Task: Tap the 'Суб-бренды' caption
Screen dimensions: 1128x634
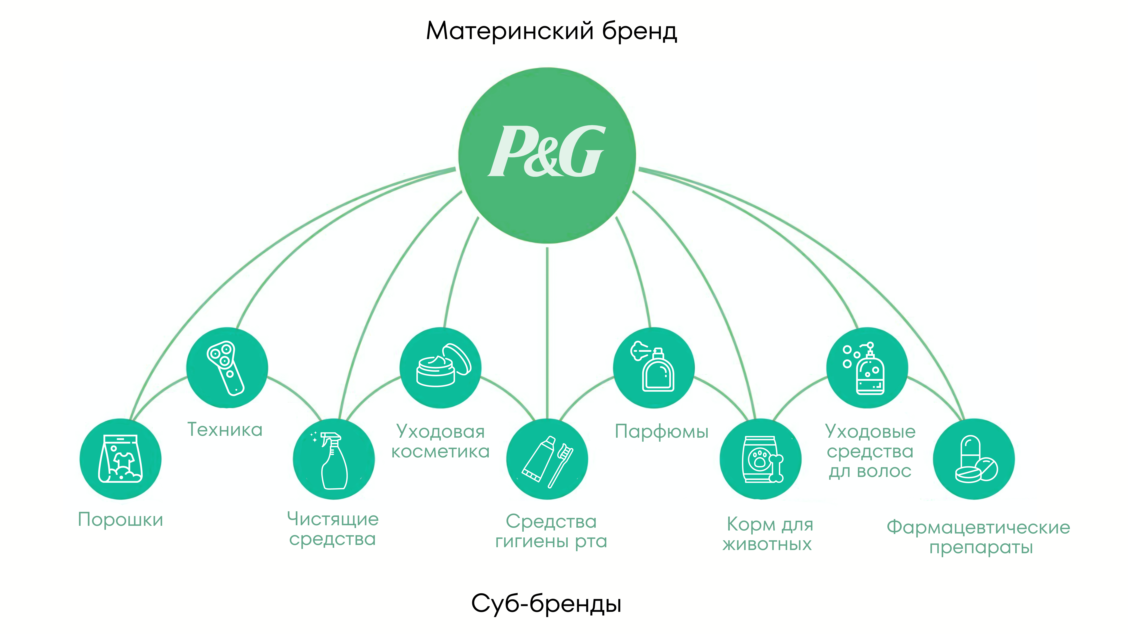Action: (546, 604)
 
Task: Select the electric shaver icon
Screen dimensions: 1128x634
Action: (226, 368)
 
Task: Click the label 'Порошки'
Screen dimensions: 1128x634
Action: (121, 520)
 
